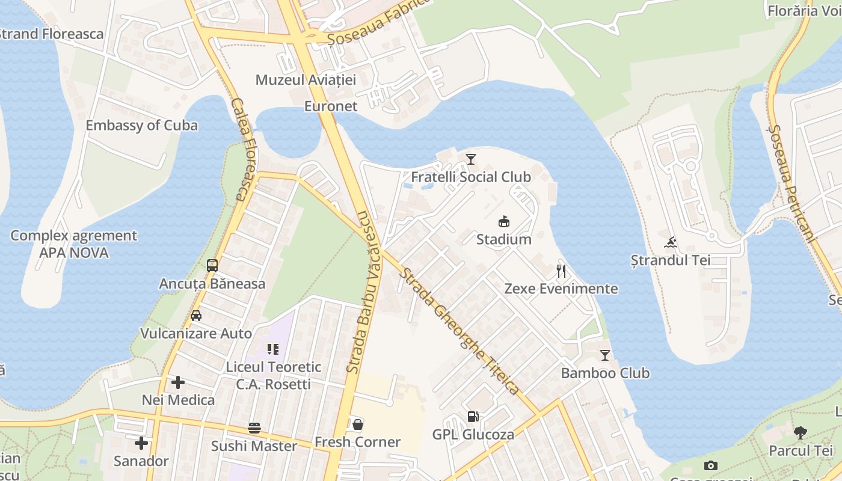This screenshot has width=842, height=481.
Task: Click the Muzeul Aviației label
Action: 306,80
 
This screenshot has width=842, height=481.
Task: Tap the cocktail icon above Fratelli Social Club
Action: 471,159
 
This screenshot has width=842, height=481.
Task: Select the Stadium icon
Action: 504,222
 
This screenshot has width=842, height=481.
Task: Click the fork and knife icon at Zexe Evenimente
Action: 561,271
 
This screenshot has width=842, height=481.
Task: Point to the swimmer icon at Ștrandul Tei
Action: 671,243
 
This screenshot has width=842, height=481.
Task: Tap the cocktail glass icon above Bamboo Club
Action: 605,355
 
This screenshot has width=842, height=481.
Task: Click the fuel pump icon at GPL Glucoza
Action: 473,417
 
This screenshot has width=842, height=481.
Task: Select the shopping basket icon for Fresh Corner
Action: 358,424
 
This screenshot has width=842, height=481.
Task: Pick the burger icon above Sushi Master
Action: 254,428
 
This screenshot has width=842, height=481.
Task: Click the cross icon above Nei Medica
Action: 178,382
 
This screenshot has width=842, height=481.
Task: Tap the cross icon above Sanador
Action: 141,444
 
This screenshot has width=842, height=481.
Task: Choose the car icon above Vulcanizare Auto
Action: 196,316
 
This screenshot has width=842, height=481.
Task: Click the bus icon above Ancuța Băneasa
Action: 212,266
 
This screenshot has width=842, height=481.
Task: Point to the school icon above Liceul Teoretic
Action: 273,349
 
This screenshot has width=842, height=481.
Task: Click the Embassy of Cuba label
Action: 141,126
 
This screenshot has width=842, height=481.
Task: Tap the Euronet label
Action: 331,106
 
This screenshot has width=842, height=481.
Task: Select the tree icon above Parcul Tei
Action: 801,432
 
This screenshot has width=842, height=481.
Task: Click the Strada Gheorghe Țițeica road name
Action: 461,331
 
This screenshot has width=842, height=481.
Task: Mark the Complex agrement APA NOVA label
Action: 74,244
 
